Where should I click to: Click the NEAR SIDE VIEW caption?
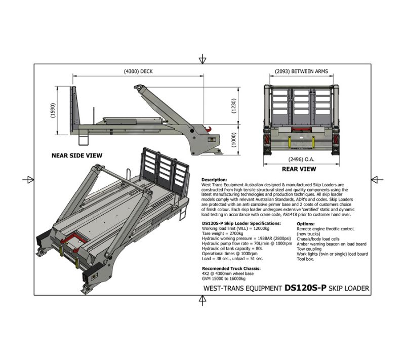pos(77,155)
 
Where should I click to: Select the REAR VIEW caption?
pos(299,169)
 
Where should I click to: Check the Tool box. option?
pos(306,259)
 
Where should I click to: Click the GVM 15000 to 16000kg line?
pos(224,278)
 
